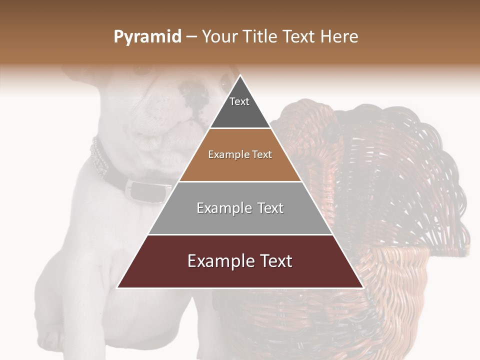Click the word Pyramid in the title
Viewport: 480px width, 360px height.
click(147, 37)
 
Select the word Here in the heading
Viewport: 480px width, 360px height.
click(339, 37)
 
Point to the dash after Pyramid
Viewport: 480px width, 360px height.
click(191, 37)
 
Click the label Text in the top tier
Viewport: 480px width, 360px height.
click(239, 101)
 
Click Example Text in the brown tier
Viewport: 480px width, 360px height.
click(240, 154)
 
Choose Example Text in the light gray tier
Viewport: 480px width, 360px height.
click(240, 208)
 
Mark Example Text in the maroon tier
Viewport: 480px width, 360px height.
click(240, 261)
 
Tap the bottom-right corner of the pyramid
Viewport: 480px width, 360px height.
click(362, 287)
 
